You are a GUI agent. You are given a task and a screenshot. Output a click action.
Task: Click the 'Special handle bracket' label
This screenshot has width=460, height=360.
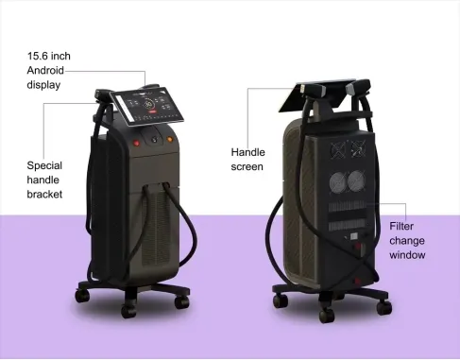tap(44, 179)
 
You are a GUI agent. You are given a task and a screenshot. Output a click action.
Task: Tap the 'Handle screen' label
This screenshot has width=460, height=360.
tap(247, 159)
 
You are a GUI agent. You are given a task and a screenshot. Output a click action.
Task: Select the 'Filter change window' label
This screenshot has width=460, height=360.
tap(408, 240)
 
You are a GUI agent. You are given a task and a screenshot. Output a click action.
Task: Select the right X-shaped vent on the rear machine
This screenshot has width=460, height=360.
tap(356, 148)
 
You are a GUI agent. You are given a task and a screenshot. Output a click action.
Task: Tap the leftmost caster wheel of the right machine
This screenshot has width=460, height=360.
tap(281, 300)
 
